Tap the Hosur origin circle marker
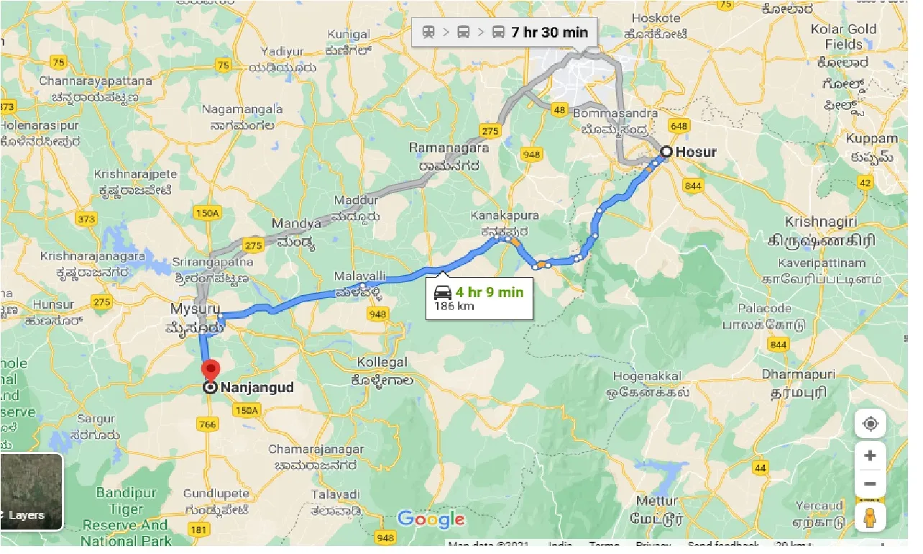point(666,152)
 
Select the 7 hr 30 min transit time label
point(549,32)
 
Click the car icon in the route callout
point(443,293)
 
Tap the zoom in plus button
point(870,455)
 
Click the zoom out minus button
point(870,483)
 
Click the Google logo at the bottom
point(431,519)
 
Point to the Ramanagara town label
point(449,148)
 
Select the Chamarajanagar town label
point(316,450)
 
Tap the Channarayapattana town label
point(96,81)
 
